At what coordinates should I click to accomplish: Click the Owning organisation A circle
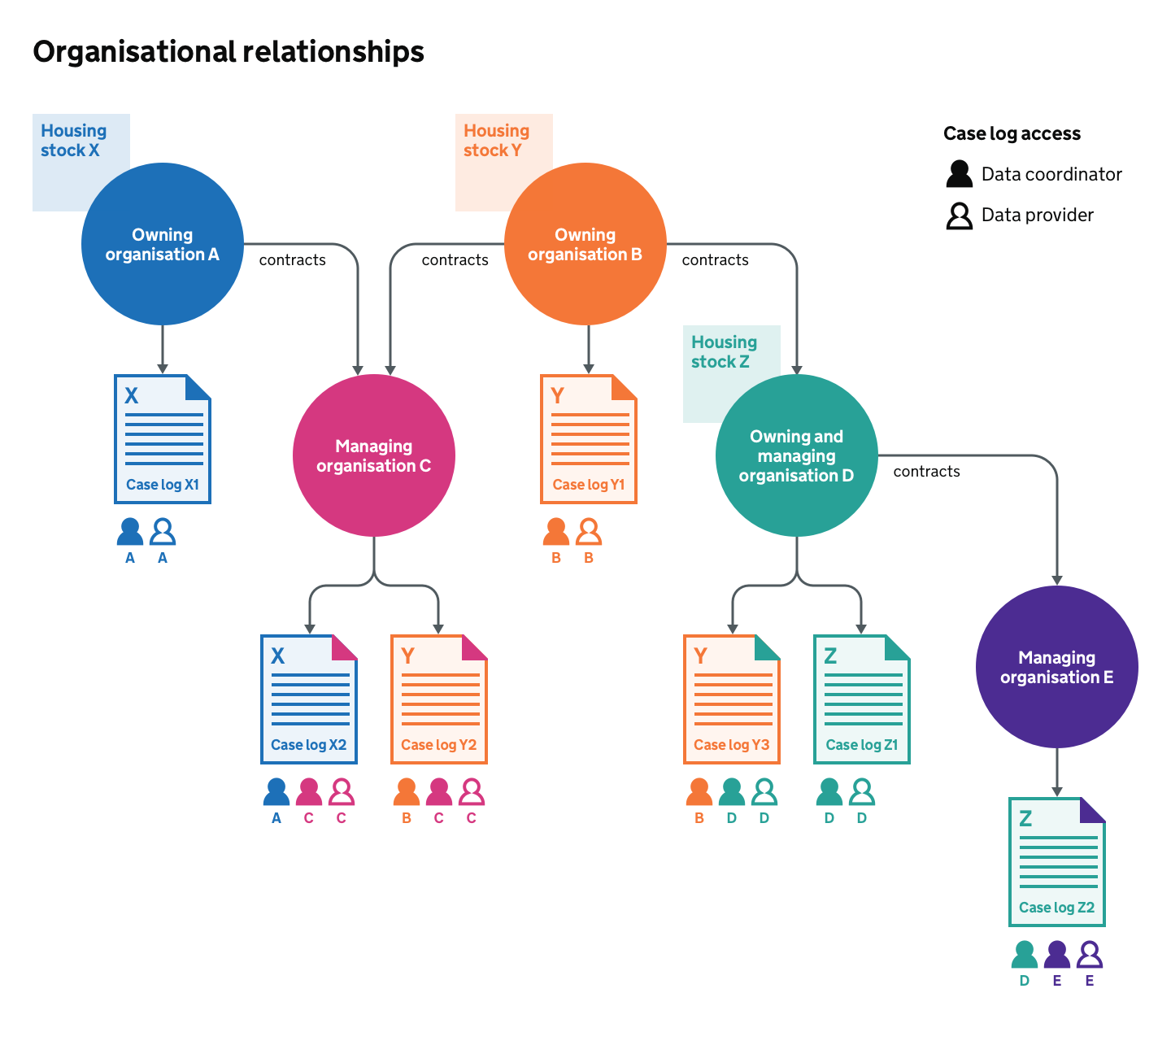[x=163, y=244]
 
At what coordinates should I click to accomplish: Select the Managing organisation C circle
[x=374, y=455]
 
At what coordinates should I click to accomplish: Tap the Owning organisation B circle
[x=585, y=244]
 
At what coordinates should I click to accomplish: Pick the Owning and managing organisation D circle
[x=797, y=455]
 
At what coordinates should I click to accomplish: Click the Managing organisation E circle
[x=1057, y=667]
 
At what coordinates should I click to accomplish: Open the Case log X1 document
[x=163, y=439]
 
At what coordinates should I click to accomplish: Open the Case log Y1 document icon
[x=589, y=439]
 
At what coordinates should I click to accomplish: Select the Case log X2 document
[x=309, y=699]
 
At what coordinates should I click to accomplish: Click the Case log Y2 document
[x=439, y=699]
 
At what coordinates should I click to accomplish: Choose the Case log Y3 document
[x=732, y=699]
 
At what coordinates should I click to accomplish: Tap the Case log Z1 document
[x=862, y=699]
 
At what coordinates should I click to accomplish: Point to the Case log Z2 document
[x=1057, y=862]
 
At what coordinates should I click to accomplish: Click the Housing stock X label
[x=73, y=141]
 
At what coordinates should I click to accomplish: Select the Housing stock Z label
[x=724, y=352]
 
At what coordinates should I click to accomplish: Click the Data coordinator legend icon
[x=960, y=174]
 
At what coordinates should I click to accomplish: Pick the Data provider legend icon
[x=960, y=216]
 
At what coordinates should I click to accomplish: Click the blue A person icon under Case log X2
[x=276, y=791]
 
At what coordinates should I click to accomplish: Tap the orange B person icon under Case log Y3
[x=699, y=791]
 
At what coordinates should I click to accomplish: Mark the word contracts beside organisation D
[x=926, y=472]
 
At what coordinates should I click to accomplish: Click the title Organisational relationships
[x=229, y=52]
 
